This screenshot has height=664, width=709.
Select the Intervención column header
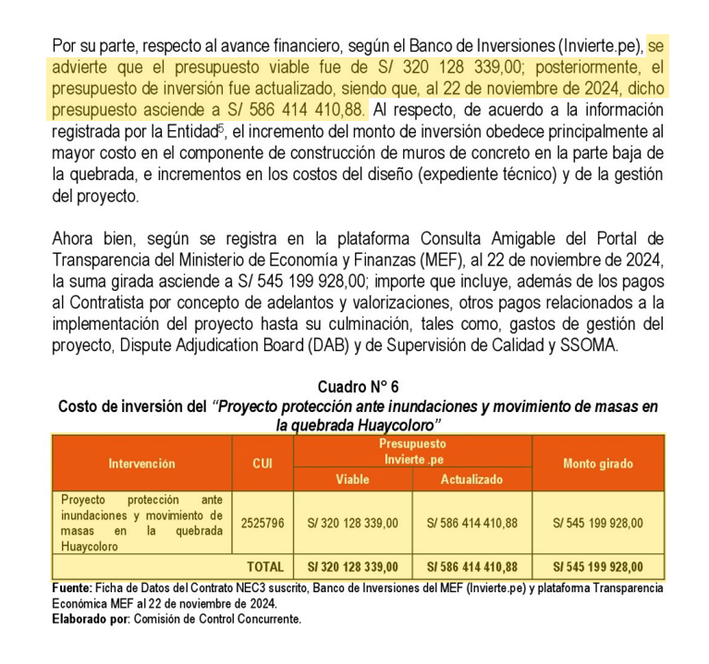pos(141,463)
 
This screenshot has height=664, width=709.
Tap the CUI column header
pos(262,463)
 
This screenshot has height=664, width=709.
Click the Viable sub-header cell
pos(352,479)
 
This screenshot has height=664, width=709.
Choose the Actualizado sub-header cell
pos(471,479)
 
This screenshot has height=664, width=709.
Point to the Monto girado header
pos(597,463)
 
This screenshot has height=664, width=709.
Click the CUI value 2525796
pos(262,523)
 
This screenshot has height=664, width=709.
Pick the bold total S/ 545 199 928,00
pos(597,566)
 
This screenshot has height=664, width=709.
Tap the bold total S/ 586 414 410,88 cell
pos(471,566)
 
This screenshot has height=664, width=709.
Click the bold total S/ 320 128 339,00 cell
pos(352,566)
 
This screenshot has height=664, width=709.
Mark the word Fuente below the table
pos(71,588)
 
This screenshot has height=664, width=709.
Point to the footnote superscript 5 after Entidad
pos(220,126)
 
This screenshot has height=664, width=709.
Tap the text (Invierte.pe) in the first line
pos(600,46)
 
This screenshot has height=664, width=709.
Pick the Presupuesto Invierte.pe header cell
pos(412,451)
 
